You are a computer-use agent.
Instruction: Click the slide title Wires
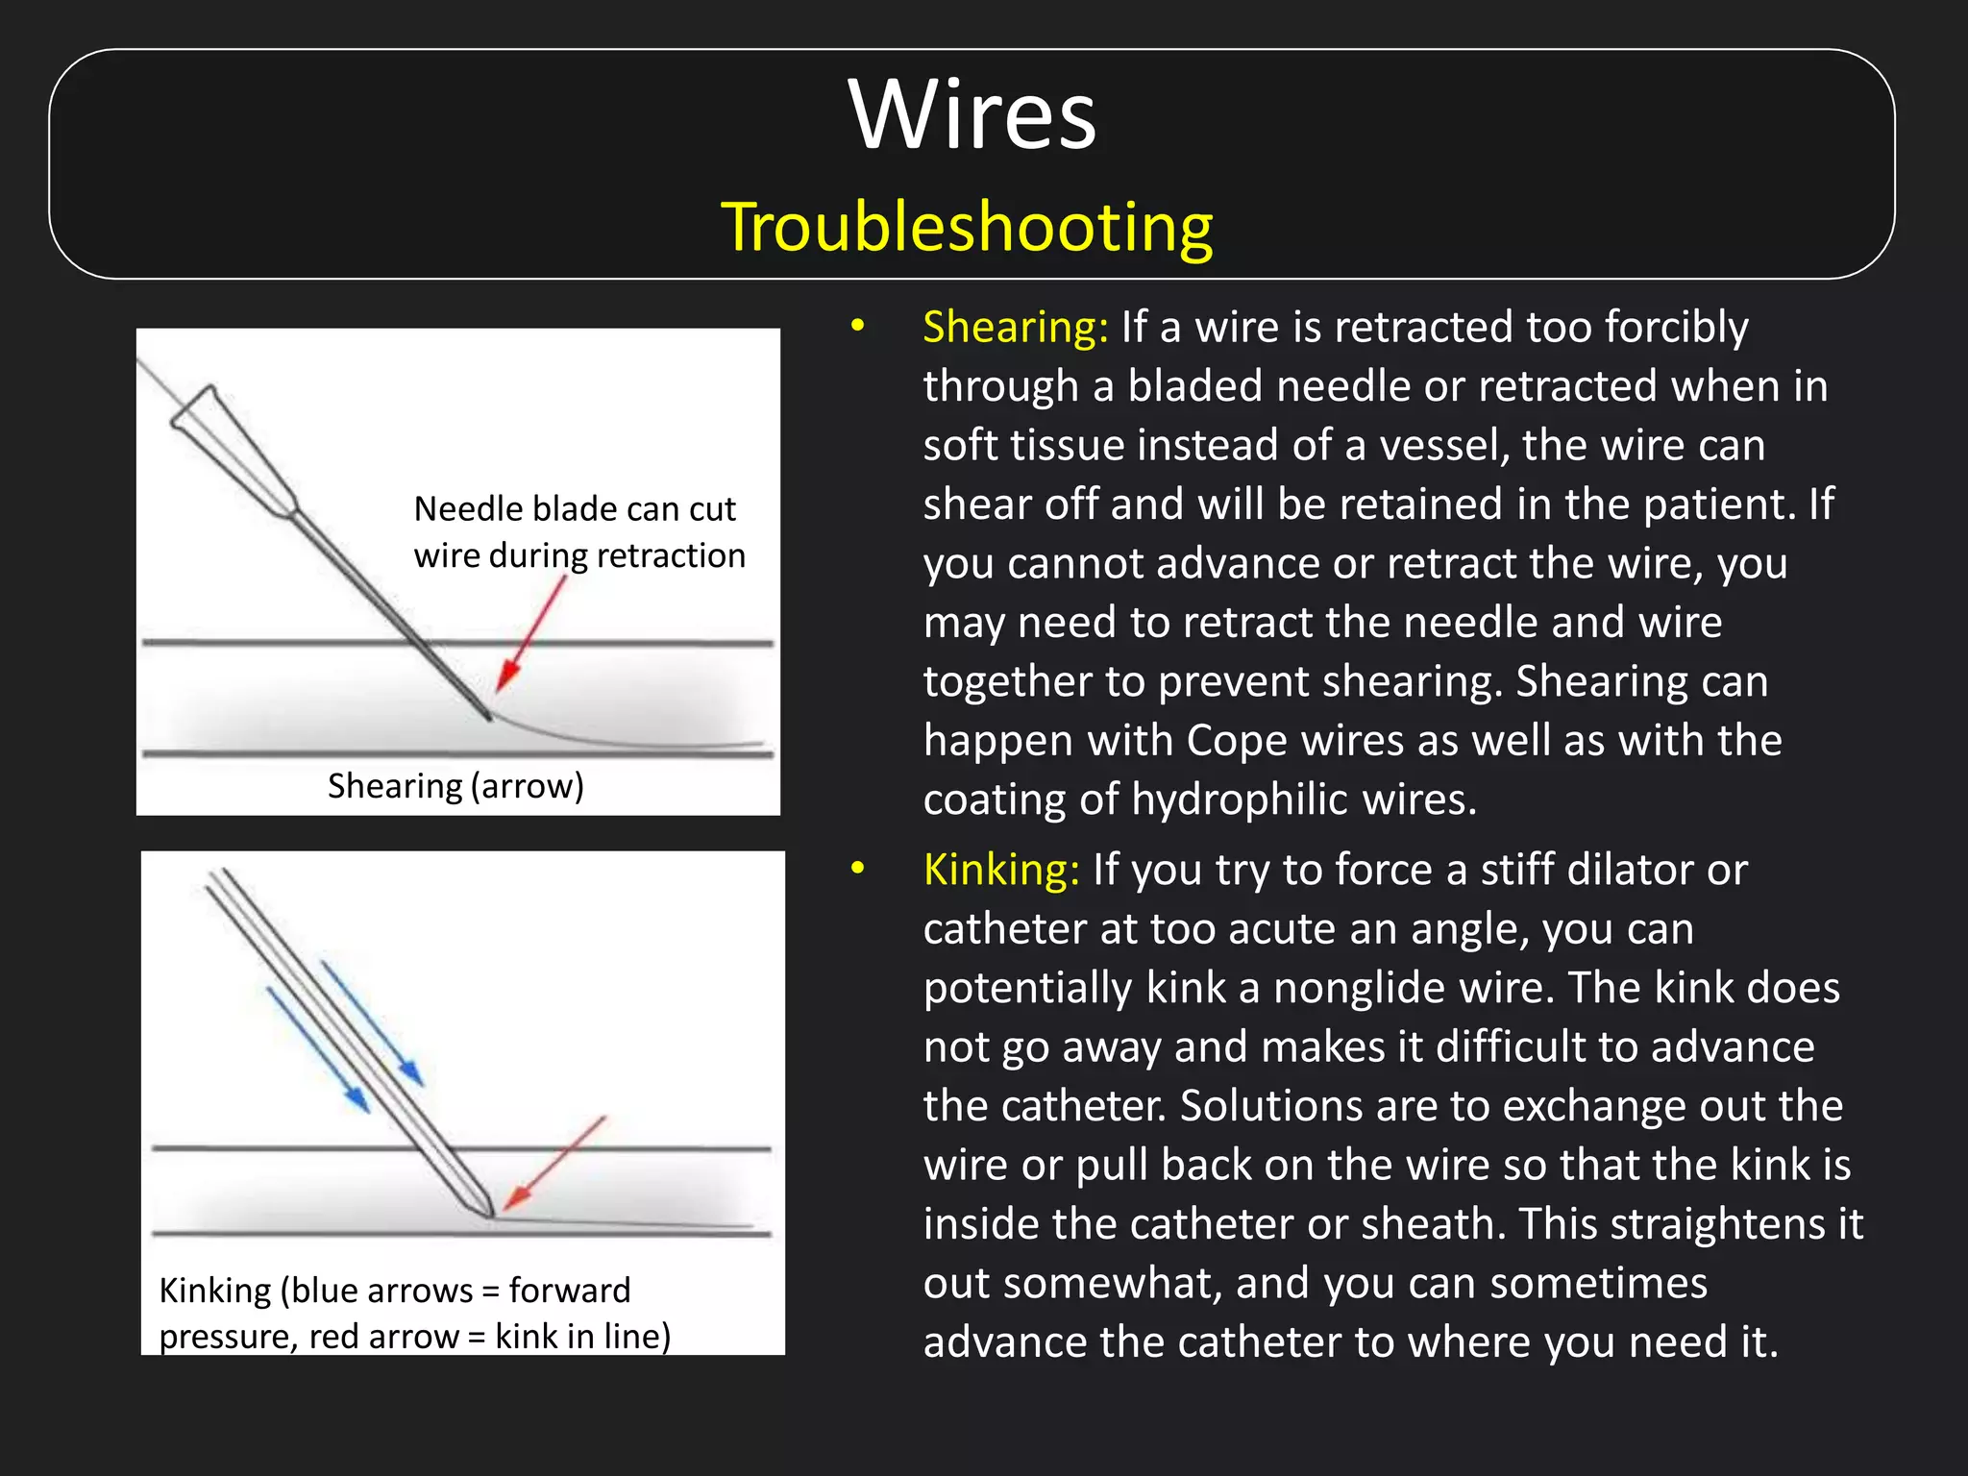click(x=972, y=115)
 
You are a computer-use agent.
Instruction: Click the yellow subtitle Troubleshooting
click(x=967, y=228)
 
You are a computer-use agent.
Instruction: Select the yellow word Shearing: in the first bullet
click(x=1015, y=328)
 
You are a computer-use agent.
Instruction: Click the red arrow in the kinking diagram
click(x=555, y=1163)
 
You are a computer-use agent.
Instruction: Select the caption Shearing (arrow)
click(x=455, y=786)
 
